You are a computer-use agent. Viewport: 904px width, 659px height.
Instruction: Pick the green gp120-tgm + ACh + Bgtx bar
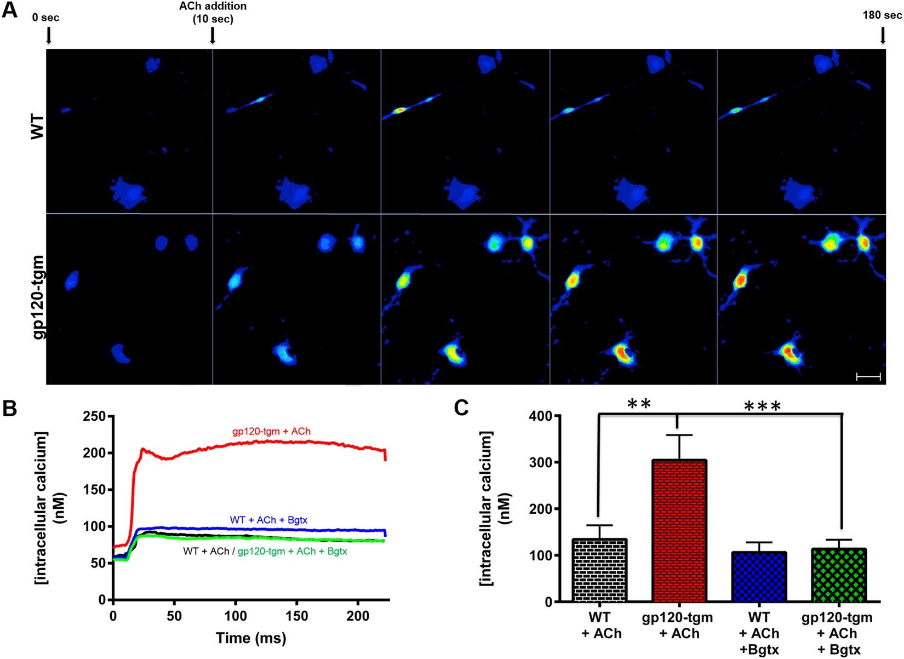pos(839,575)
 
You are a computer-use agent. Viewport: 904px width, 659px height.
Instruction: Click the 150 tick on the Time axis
pos(296,616)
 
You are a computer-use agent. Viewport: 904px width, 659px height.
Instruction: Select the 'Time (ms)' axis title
pos(250,638)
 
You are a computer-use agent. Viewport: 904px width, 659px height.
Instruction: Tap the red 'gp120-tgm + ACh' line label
pos(271,432)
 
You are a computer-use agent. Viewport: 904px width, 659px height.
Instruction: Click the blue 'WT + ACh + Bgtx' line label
pos(268,520)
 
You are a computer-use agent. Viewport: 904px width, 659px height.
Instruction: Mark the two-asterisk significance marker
pos(639,405)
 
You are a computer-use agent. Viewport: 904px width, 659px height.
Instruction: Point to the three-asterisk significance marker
pos(762,406)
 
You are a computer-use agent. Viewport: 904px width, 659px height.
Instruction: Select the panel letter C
pos(461,408)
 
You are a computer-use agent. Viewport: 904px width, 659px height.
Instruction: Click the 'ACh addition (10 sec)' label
pos(213,12)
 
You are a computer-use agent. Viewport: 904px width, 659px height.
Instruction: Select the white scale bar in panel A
pos(868,376)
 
